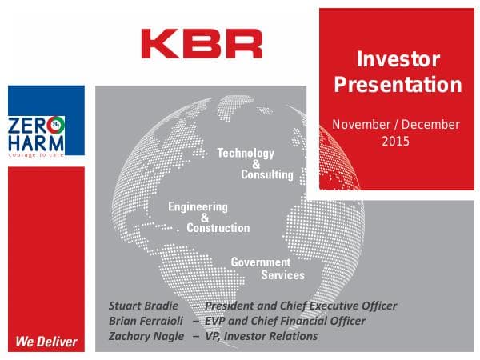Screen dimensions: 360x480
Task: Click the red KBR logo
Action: tap(201, 43)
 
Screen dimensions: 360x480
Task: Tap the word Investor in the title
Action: tap(398, 59)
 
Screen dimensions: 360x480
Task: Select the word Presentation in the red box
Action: tap(398, 85)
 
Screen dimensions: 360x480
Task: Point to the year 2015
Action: tap(395, 141)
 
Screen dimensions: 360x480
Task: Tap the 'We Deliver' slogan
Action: tap(46, 342)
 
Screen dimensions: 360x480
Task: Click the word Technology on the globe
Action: tap(246, 153)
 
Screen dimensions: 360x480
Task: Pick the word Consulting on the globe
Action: tap(267, 174)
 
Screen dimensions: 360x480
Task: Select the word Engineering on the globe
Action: tap(198, 206)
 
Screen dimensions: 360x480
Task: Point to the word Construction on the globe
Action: tap(218, 227)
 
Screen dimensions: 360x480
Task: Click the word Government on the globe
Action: tap(260, 262)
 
